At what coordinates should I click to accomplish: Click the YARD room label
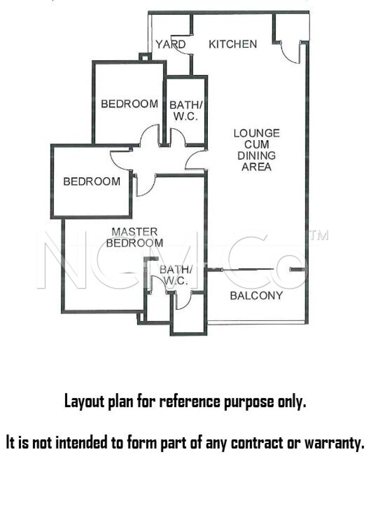(x=171, y=44)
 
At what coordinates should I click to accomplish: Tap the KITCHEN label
(x=233, y=44)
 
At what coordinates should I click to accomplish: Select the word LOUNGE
(x=257, y=133)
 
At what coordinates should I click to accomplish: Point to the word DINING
(x=257, y=156)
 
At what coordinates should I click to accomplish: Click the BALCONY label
(x=256, y=296)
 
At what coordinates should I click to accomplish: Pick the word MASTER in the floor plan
(x=135, y=232)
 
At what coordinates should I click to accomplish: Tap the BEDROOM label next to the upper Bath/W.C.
(x=130, y=104)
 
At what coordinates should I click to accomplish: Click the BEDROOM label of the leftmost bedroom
(x=92, y=182)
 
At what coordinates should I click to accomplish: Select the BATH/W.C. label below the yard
(x=186, y=110)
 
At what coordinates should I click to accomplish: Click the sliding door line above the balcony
(x=256, y=269)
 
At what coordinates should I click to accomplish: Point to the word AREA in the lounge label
(x=257, y=167)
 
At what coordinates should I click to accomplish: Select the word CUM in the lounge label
(x=257, y=144)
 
